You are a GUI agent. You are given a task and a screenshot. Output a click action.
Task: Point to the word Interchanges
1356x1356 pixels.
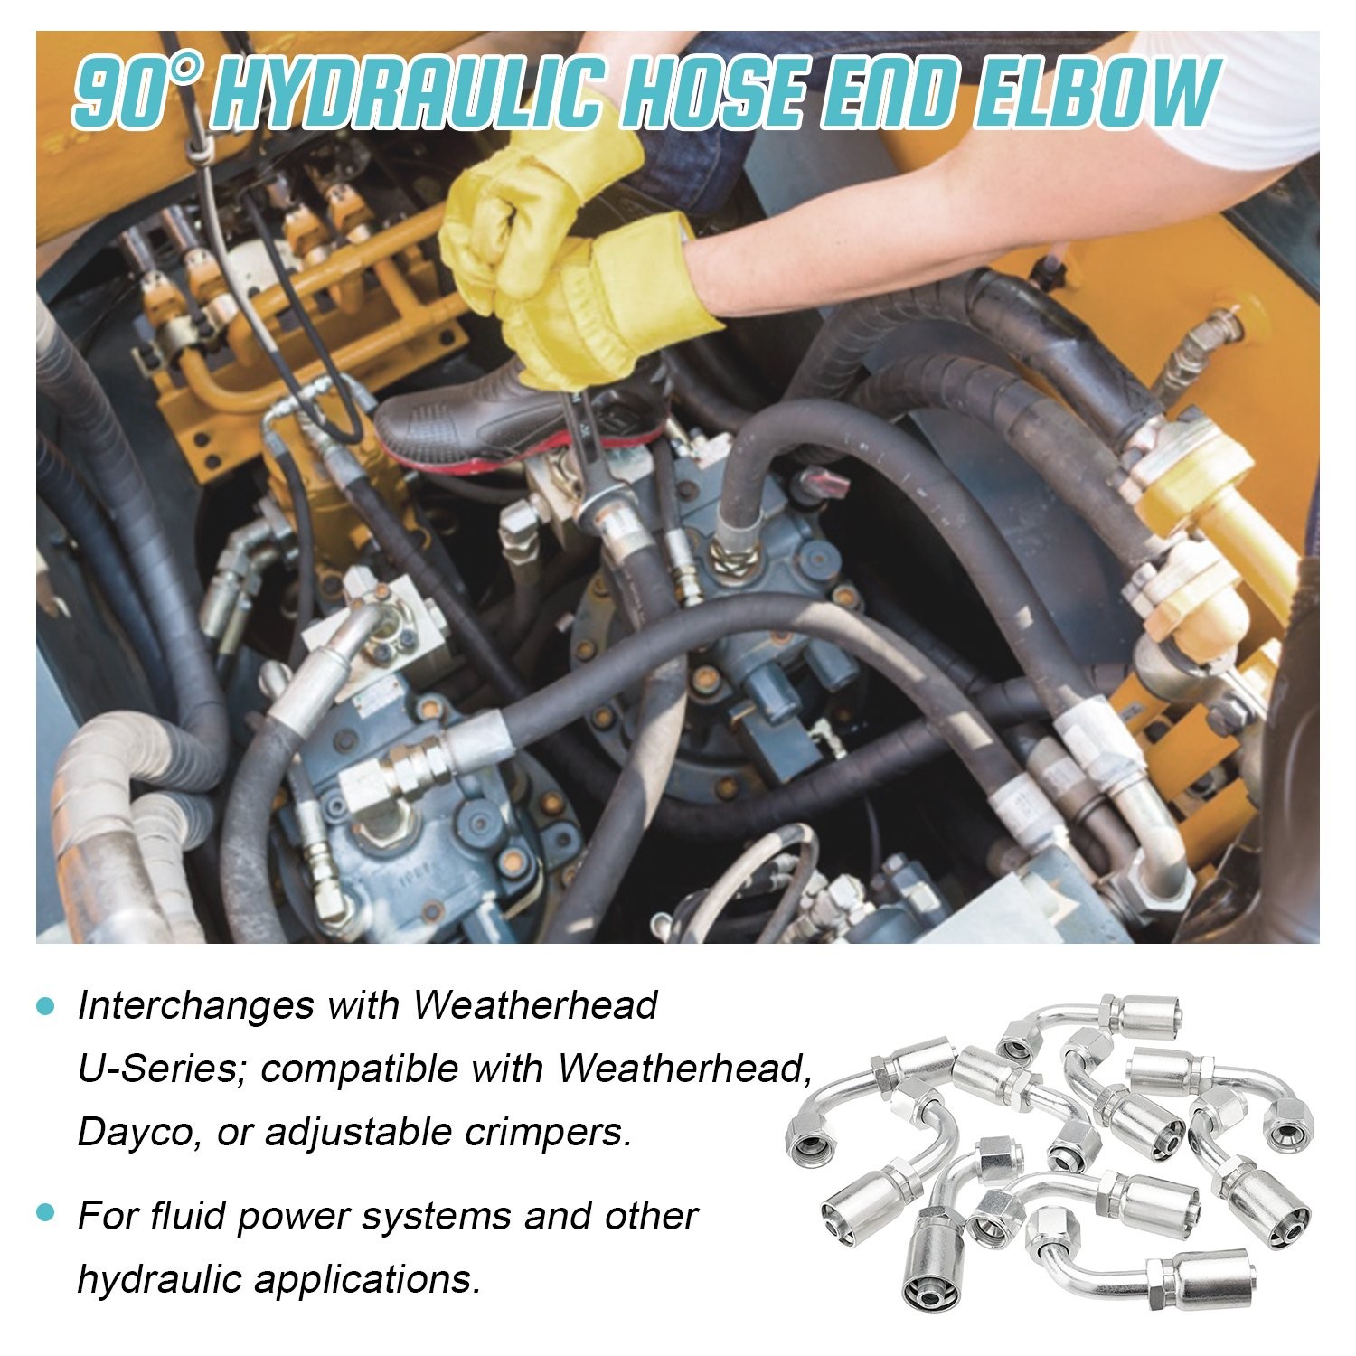pos(197,1006)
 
